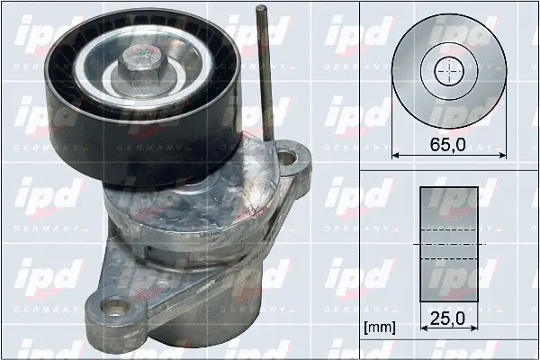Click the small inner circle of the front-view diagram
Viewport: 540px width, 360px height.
(448, 71)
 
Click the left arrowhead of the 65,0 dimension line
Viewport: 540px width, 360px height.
(397, 155)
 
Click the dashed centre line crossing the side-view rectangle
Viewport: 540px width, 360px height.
(448, 244)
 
